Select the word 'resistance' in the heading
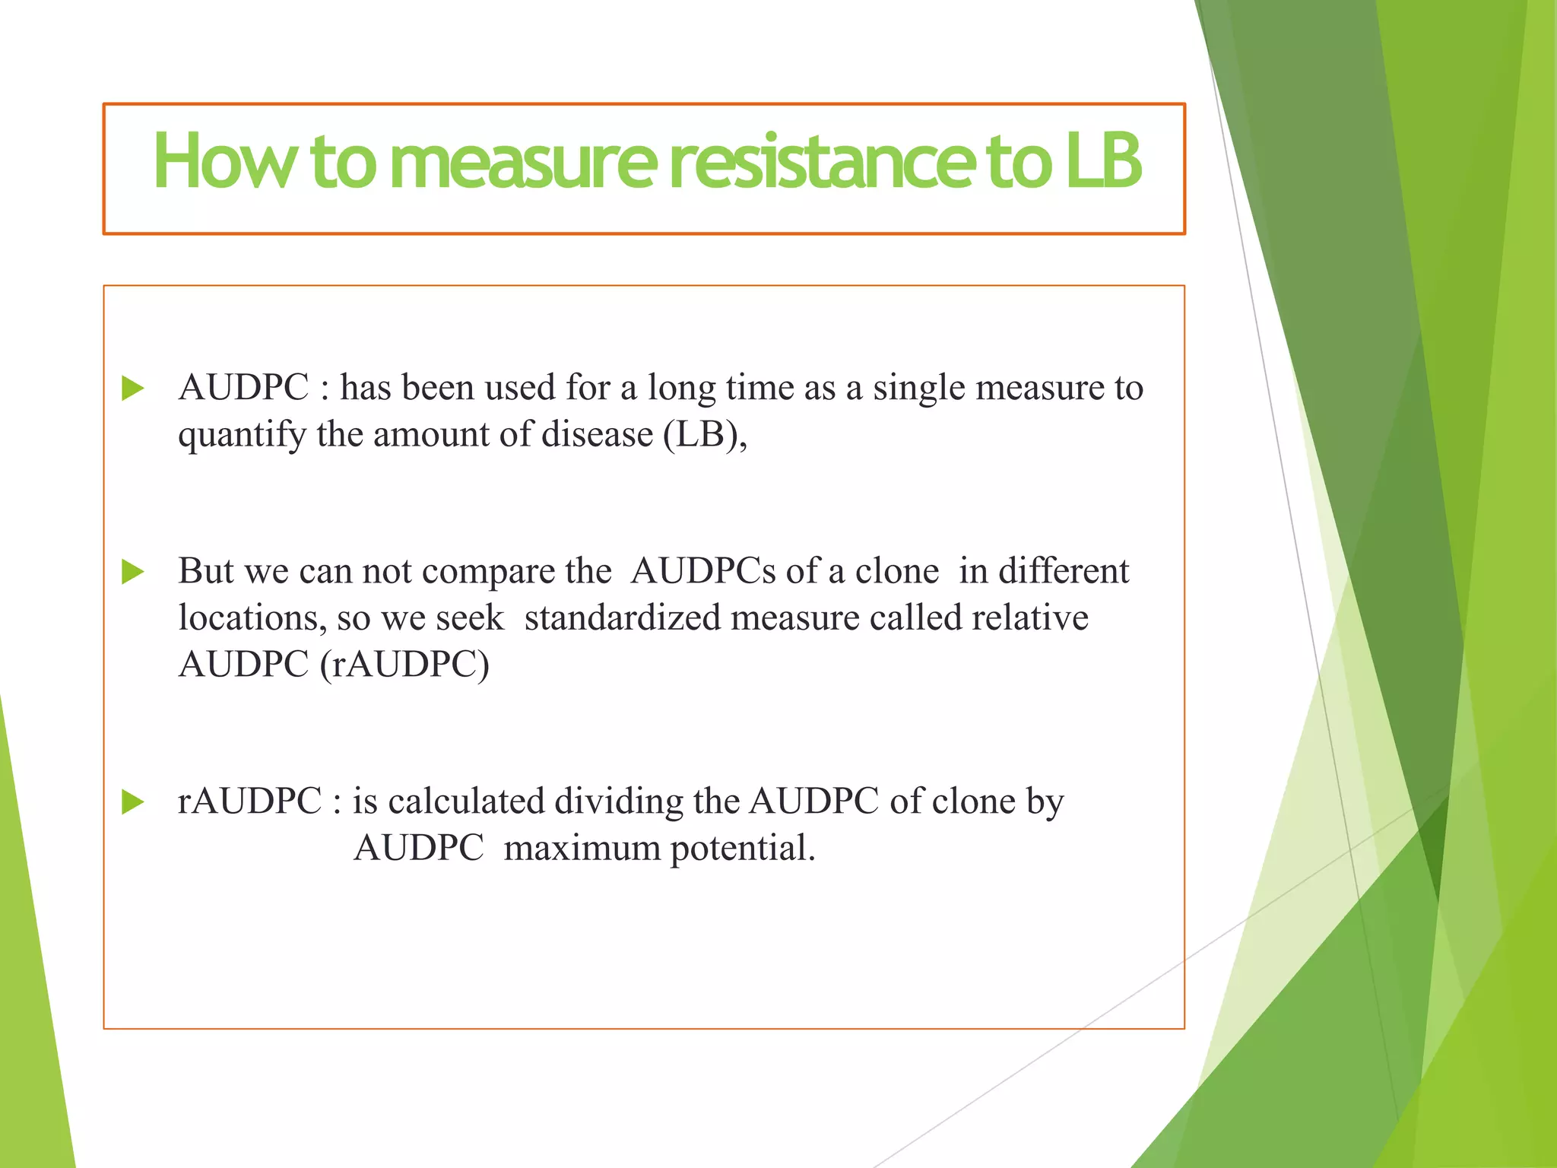point(821,161)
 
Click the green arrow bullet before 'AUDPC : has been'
point(133,389)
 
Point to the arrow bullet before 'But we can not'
point(133,572)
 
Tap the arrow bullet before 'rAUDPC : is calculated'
point(133,801)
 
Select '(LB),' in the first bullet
point(706,435)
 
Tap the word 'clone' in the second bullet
point(897,572)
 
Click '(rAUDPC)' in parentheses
point(404,665)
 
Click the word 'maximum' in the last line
point(582,849)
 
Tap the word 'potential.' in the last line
point(743,849)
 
